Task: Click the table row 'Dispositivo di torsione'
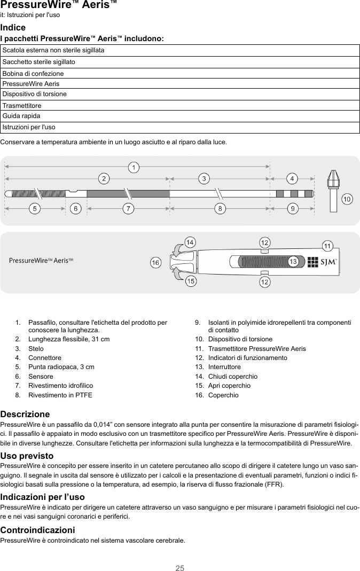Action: click(x=180, y=94)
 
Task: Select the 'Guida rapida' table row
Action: click(x=180, y=116)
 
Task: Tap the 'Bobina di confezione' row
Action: click(x=180, y=73)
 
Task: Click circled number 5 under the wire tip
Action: click(x=35, y=209)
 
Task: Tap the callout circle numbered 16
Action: click(x=155, y=263)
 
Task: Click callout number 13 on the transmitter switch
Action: click(x=293, y=261)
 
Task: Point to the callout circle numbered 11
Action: click(x=328, y=246)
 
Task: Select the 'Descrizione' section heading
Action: click(x=25, y=414)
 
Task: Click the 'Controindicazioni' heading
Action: click(x=37, y=530)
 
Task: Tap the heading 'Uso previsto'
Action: click(x=27, y=456)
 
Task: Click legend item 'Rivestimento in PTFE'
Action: click(x=60, y=395)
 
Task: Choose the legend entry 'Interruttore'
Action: click(x=224, y=367)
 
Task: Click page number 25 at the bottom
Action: click(x=180, y=567)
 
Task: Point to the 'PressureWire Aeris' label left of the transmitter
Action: click(x=41, y=260)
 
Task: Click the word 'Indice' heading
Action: click(x=13, y=27)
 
